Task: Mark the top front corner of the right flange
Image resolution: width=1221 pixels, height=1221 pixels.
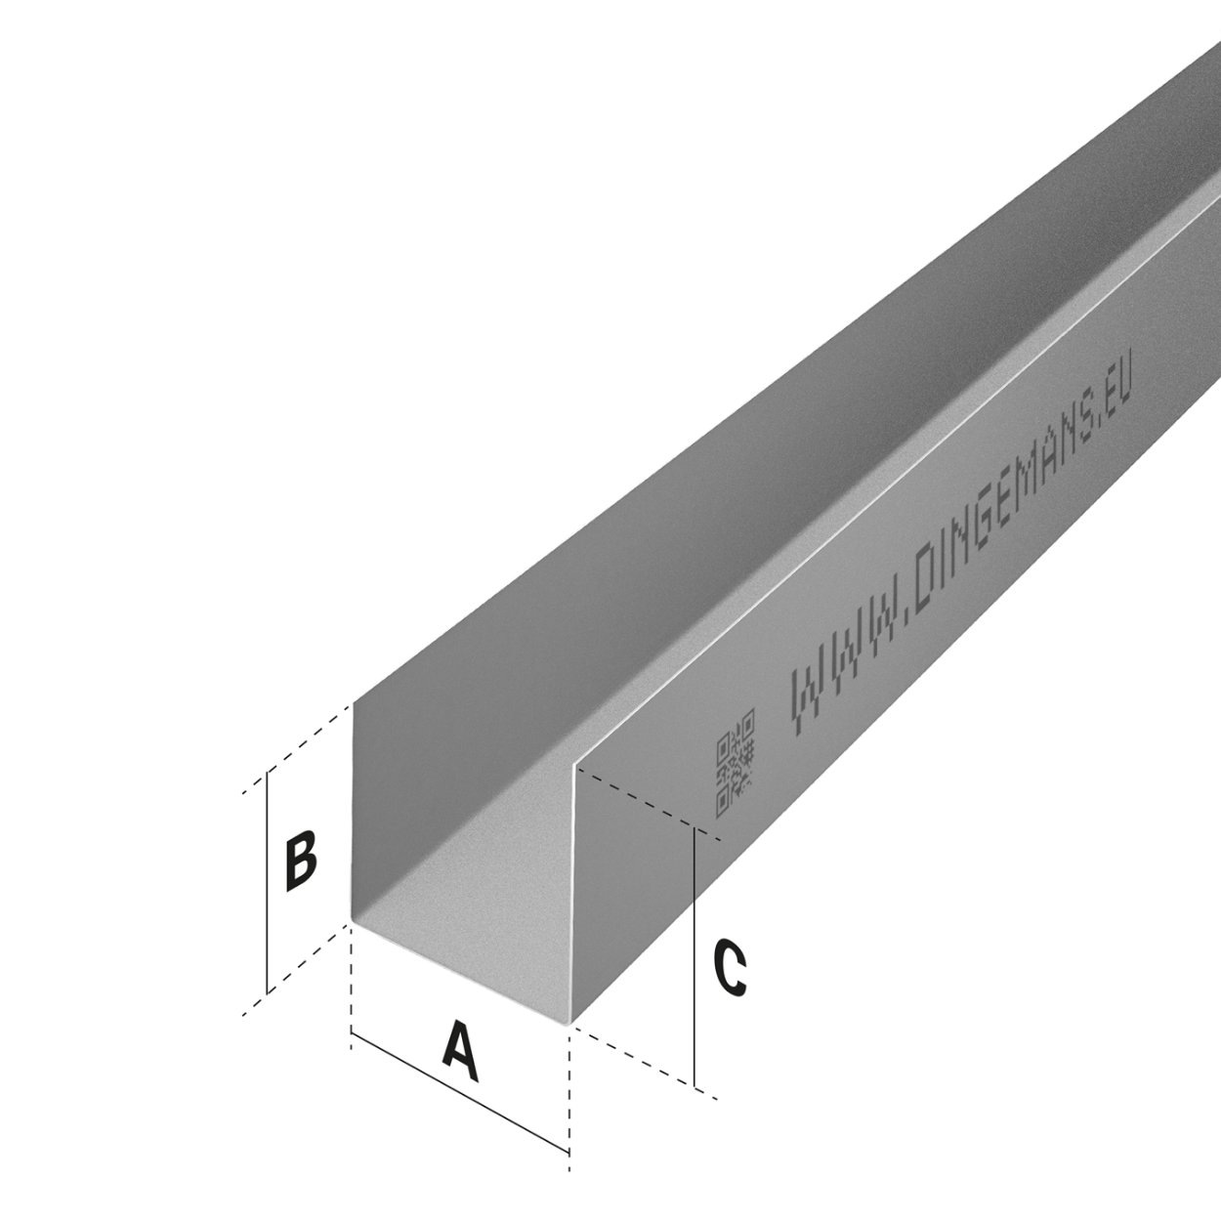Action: click(x=574, y=766)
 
